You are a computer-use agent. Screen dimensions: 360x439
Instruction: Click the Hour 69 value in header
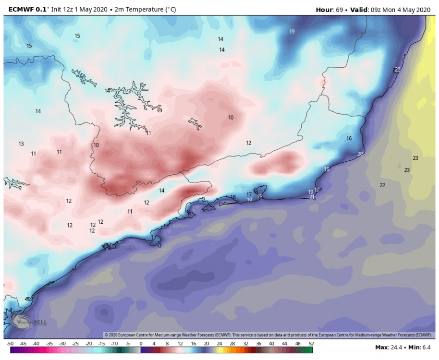339,9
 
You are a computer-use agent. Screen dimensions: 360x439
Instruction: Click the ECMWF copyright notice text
269,335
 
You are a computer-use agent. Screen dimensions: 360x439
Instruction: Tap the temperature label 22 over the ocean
382,185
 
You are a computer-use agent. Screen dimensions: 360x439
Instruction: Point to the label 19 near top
292,32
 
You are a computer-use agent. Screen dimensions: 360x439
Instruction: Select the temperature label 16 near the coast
349,138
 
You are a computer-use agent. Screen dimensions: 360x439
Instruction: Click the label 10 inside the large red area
231,118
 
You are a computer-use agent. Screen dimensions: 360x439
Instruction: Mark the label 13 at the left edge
21,144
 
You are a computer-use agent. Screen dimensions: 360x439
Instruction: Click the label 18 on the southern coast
233,197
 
